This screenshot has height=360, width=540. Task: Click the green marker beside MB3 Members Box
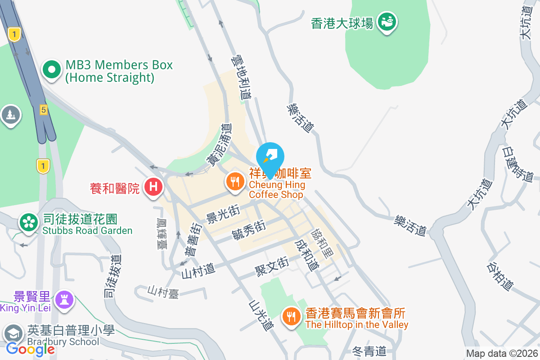pos(52,70)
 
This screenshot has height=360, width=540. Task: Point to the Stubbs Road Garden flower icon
pos(28,222)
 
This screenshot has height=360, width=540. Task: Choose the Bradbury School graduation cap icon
pos(13,334)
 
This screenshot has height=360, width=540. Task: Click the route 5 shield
pos(44,109)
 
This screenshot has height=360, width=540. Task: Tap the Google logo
pos(30,349)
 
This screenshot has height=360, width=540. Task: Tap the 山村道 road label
pos(198,270)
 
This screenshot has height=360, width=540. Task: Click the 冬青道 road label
pos(369,351)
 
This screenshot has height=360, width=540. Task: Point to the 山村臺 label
pos(163,292)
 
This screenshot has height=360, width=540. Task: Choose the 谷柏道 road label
pos(499,276)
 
